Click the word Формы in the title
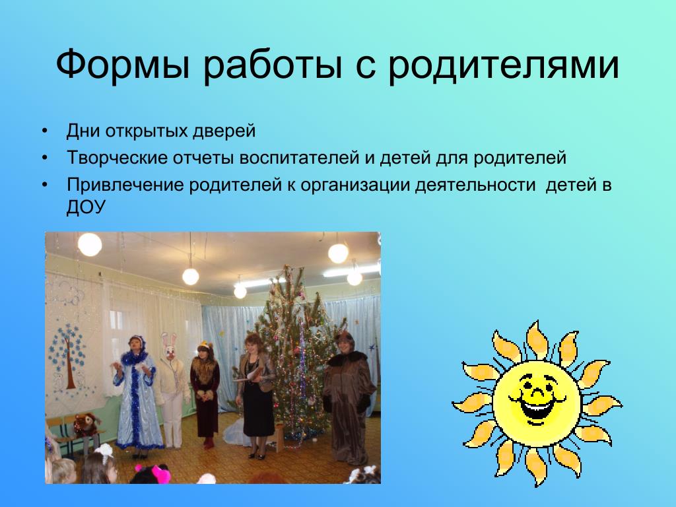[x=123, y=65]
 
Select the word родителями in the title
[x=504, y=65]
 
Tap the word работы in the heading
[x=273, y=65]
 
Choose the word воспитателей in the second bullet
[x=299, y=158]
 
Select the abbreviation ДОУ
[x=86, y=207]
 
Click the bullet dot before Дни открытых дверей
[x=46, y=131]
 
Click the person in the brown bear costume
[x=348, y=397]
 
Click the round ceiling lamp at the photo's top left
[x=90, y=244]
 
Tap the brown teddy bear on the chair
[x=85, y=424]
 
